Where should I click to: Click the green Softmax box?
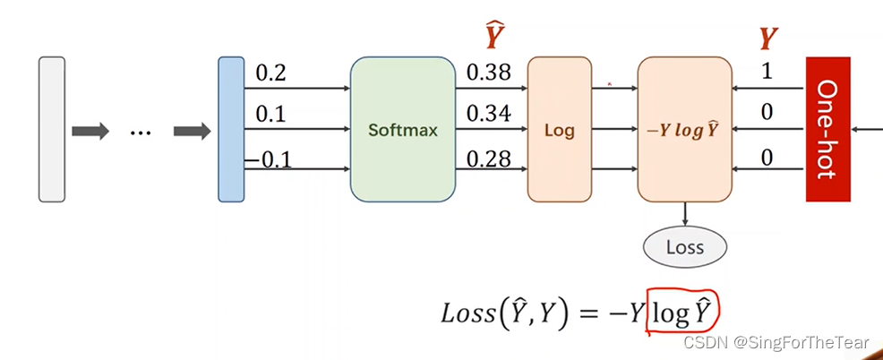(x=402, y=129)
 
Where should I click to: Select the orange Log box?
(x=559, y=129)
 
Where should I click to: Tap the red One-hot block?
(x=827, y=129)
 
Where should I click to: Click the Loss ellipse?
(x=685, y=246)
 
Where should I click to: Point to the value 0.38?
(x=489, y=73)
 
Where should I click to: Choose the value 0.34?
(x=489, y=115)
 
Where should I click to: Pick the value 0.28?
(x=489, y=159)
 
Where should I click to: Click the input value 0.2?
(x=271, y=73)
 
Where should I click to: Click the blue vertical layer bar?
(x=231, y=129)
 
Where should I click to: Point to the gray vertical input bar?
(x=52, y=129)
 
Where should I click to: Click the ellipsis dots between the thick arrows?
(x=141, y=132)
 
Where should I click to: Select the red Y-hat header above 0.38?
(x=493, y=37)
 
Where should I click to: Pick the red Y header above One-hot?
(x=767, y=39)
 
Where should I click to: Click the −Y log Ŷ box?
(x=685, y=130)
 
